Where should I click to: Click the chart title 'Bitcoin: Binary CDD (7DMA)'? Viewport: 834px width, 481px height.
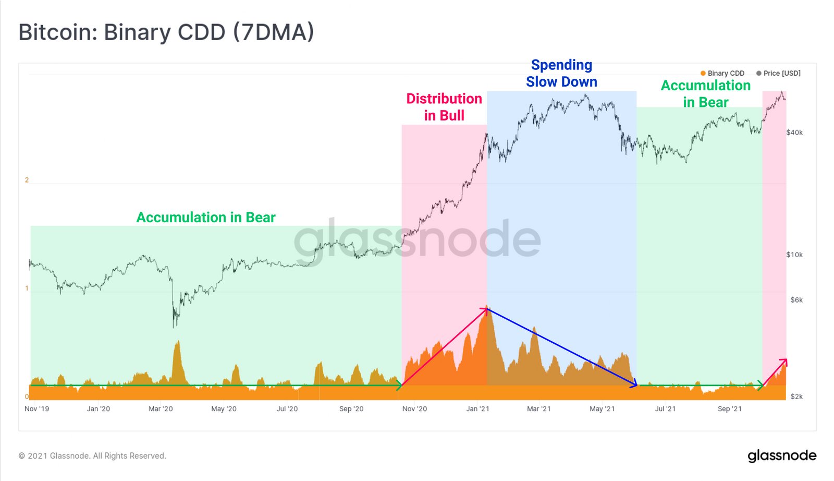(166, 32)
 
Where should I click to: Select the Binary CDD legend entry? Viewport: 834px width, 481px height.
(722, 74)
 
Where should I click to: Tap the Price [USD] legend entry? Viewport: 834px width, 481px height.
(778, 74)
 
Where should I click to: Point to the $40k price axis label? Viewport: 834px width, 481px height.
(794, 133)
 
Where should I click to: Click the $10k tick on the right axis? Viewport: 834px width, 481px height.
(794, 255)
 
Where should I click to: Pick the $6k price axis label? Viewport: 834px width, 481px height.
(796, 300)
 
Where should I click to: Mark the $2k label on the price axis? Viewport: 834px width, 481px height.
(796, 396)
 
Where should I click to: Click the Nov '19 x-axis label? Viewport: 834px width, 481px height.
(36, 409)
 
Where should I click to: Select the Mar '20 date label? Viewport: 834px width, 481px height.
(161, 409)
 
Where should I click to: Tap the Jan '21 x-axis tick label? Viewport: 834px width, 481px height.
(477, 409)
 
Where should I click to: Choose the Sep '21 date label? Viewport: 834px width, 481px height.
(729, 409)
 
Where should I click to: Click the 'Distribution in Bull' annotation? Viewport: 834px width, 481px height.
(444, 107)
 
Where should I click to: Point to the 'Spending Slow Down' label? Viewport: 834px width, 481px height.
(561, 74)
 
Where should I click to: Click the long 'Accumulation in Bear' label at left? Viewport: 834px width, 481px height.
(206, 218)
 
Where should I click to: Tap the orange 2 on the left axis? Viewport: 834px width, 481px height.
(27, 180)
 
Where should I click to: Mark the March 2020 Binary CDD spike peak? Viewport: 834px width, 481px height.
(178, 341)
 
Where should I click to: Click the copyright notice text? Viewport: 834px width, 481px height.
(92, 456)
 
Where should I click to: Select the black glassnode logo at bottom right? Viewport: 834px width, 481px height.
(782, 456)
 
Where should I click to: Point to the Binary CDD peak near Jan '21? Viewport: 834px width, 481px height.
(486, 306)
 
